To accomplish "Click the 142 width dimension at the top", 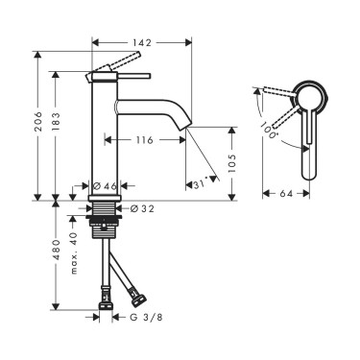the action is click(x=142, y=42).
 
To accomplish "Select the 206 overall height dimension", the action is click(x=38, y=121).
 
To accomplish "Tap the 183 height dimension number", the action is click(x=56, y=121).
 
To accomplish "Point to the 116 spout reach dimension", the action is click(x=145, y=140).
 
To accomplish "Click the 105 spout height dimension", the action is click(x=232, y=163).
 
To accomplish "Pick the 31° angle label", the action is click(x=200, y=184).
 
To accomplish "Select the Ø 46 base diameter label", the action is click(x=105, y=186).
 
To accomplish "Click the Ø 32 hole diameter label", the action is click(x=142, y=209).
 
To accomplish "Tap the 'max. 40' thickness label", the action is click(x=74, y=253).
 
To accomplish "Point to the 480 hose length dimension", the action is click(x=56, y=249).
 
